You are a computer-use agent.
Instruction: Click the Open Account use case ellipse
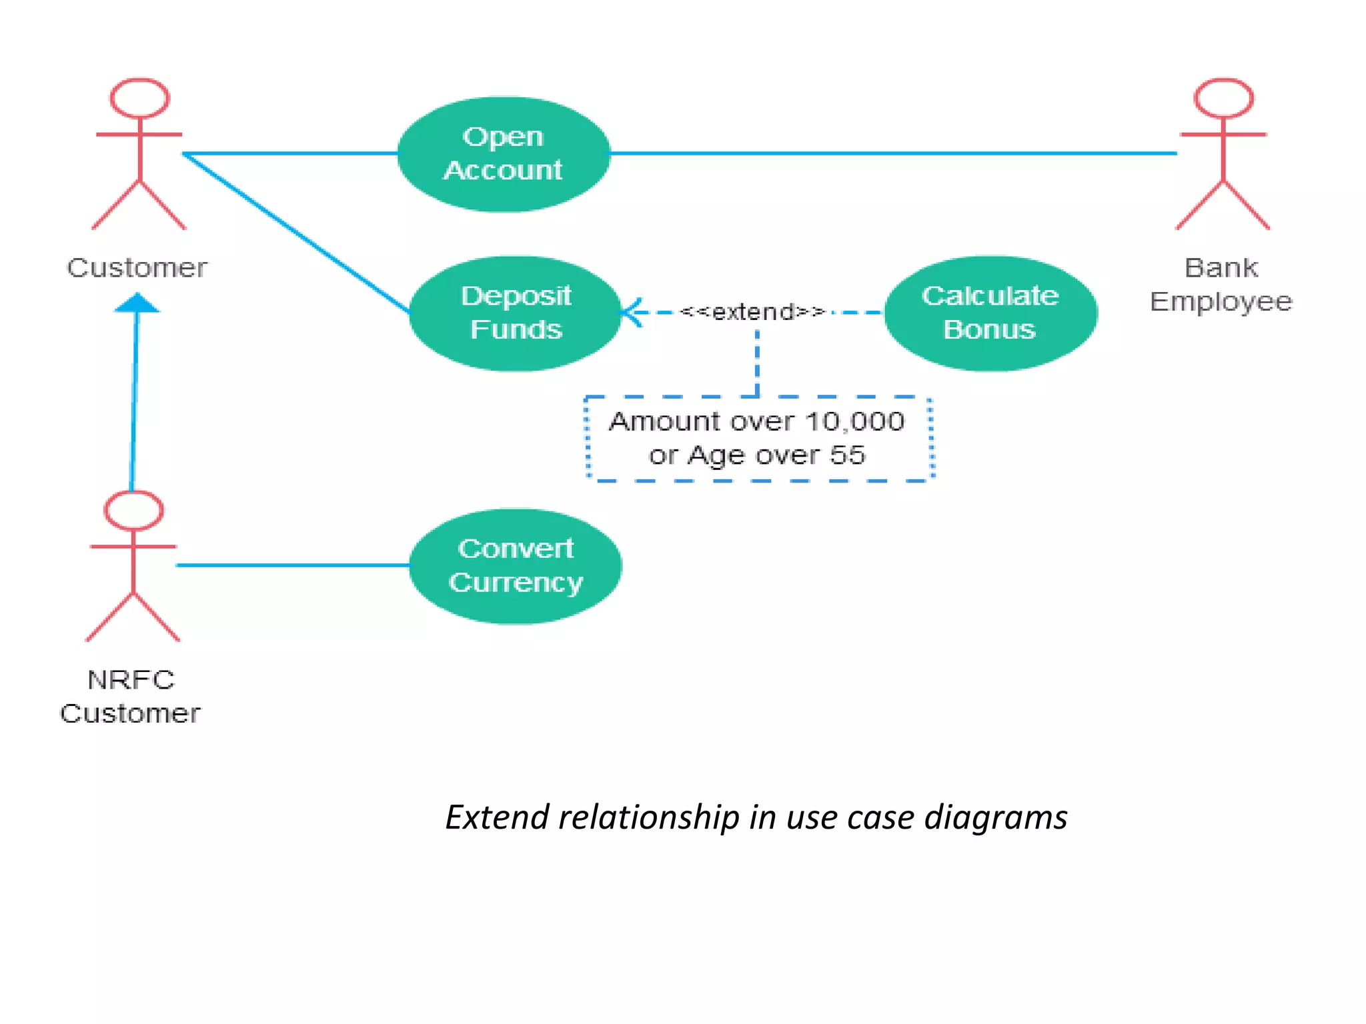(504, 154)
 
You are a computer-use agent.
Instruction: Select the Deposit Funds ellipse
(516, 313)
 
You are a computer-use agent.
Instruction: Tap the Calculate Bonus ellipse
(990, 313)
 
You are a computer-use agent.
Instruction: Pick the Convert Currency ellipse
(516, 566)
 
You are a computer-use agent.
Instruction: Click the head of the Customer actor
(139, 98)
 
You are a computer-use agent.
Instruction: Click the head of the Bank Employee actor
(1224, 98)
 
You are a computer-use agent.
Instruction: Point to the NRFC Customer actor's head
(133, 511)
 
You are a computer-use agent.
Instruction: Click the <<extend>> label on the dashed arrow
(752, 311)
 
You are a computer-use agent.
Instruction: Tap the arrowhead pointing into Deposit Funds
(630, 312)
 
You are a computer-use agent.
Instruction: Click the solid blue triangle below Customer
(137, 303)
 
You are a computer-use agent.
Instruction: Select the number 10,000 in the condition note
(854, 421)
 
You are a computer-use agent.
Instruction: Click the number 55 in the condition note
(847, 455)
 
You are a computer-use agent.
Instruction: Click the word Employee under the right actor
(1221, 302)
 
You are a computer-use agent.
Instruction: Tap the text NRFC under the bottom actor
(131, 680)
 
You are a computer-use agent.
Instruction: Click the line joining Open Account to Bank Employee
(894, 153)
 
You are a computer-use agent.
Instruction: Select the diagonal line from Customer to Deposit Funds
(297, 233)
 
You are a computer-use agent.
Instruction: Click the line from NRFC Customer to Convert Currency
(293, 565)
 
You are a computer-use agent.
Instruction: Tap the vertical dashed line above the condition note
(757, 363)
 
